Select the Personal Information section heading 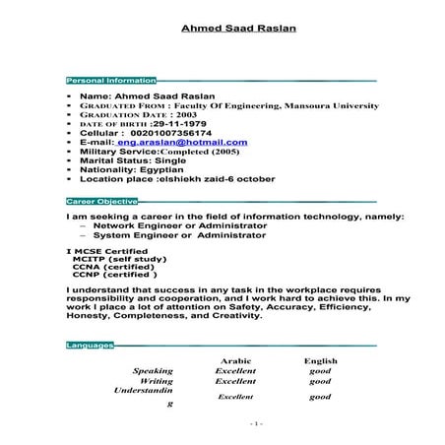[110, 79]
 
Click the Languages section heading [89, 346]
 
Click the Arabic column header [237, 360]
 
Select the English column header [321, 360]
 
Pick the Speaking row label [153, 370]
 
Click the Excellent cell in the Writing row [236, 380]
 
